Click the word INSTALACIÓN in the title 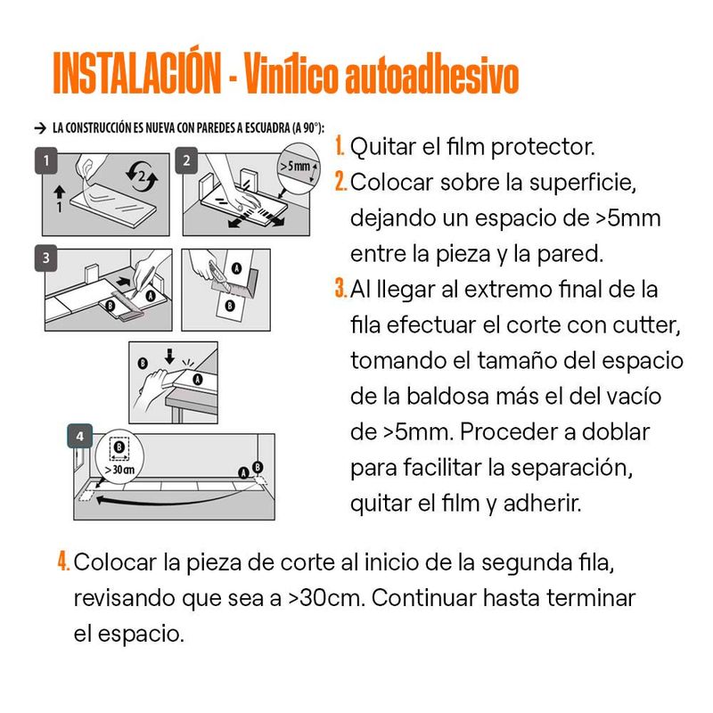137,73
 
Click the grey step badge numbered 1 46,160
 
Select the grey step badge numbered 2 186,160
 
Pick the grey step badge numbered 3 46,258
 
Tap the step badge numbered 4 80,436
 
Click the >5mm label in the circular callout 295,167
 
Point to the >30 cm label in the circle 119,470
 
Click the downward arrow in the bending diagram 169,356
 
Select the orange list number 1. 340,146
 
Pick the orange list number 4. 63,561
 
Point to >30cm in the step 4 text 326,597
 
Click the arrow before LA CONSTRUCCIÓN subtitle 40,128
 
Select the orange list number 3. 340,288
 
